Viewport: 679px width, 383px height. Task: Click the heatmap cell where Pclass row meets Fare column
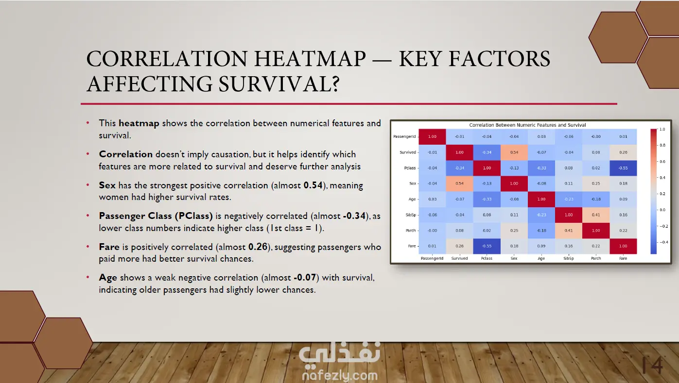[x=623, y=168]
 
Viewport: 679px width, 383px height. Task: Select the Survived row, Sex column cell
[x=514, y=152]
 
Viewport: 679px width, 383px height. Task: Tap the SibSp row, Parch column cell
[x=596, y=215]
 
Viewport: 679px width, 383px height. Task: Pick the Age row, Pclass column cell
[x=487, y=199]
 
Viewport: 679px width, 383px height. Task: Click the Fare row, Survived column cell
[x=459, y=246]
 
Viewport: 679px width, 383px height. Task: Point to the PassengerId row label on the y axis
[x=404, y=136]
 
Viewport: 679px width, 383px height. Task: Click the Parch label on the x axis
[x=596, y=258]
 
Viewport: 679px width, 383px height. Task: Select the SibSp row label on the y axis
[x=411, y=215]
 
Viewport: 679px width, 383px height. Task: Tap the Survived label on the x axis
[x=459, y=258]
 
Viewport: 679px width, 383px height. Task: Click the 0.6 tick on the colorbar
[x=662, y=161]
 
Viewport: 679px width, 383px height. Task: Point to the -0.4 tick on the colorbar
[x=663, y=242]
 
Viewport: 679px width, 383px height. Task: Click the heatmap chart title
[x=527, y=125]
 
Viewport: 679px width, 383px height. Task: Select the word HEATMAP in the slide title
[x=310, y=59]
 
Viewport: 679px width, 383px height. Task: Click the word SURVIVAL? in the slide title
[x=279, y=84]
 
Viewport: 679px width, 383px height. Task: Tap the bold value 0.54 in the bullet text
[x=313, y=185]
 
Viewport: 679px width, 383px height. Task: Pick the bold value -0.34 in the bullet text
[x=354, y=216]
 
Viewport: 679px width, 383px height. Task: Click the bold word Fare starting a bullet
[x=109, y=247]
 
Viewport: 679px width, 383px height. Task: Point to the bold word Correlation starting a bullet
[x=126, y=154]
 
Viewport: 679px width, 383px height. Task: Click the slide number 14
[x=652, y=366]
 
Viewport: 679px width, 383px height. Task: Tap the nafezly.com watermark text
[x=340, y=375]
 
